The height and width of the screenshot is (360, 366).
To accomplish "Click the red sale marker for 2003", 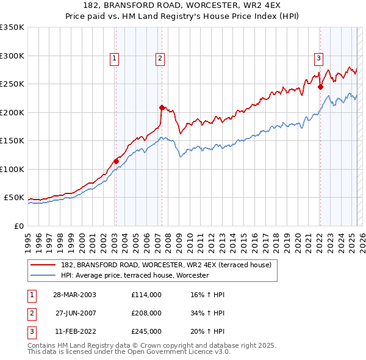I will [x=116, y=161].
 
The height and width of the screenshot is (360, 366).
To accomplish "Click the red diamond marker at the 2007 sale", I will [x=162, y=107].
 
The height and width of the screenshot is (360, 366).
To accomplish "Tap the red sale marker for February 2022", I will [x=320, y=87].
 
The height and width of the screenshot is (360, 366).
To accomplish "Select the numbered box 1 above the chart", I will [x=115, y=59].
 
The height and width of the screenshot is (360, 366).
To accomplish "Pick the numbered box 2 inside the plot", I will [x=160, y=59].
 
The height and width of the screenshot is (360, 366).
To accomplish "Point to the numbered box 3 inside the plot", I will [x=318, y=59].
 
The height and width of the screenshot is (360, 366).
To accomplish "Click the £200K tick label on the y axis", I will [x=12, y=112].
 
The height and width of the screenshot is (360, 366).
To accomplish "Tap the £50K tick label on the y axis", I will [x=15, y=198].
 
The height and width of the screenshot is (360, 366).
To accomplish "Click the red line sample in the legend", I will [x=43, y=264].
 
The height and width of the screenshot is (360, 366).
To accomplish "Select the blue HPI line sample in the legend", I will [x=43, y=275].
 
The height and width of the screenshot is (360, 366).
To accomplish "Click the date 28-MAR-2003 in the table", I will [x=74, y=295].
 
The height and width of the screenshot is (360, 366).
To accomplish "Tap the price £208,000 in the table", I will [x=146, y=313].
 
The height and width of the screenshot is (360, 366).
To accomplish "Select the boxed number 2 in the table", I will [x=31, y=313].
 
